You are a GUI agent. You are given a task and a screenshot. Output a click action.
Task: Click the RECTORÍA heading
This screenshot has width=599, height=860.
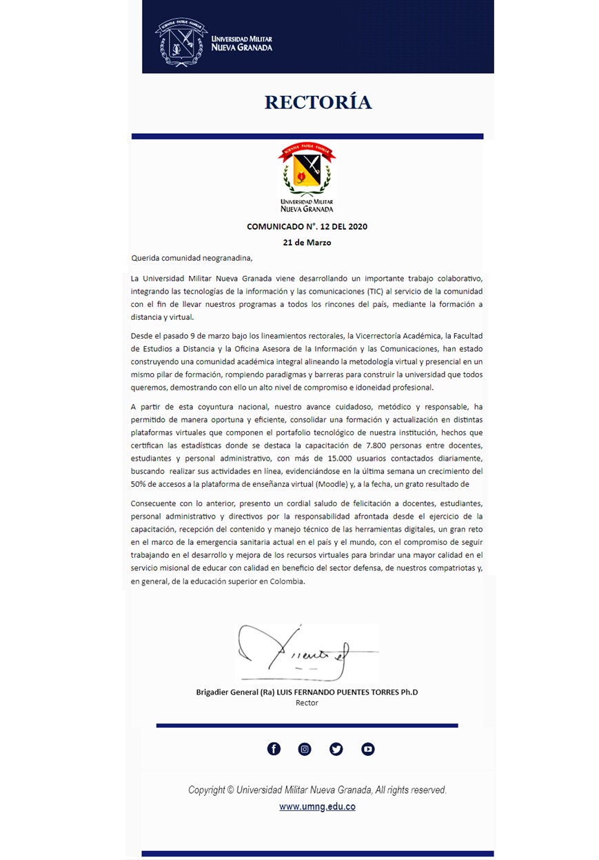pos(318,103)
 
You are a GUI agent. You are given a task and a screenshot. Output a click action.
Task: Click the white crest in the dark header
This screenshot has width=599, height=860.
pos(180,42)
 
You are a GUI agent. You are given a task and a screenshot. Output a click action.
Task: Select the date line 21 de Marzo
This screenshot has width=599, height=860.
pos(307,243)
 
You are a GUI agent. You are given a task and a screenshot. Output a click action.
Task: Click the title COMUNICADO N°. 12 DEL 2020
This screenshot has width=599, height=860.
pos(307,226)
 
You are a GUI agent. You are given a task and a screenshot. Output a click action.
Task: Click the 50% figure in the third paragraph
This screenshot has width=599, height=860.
pos(140,484)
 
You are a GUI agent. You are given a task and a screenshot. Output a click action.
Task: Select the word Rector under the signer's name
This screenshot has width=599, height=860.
pos(307,703)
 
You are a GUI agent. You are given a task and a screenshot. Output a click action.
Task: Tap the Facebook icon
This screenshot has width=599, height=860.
pos(274,749)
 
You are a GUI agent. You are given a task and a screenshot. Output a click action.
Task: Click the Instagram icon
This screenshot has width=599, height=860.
pos(305,749)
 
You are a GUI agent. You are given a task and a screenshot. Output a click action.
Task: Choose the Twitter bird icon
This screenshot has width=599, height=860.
pos(336,749)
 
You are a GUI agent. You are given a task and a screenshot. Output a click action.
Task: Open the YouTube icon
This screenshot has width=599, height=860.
pos(368,749)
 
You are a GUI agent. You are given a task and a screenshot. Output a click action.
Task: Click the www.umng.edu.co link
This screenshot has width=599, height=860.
pos(317,806)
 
